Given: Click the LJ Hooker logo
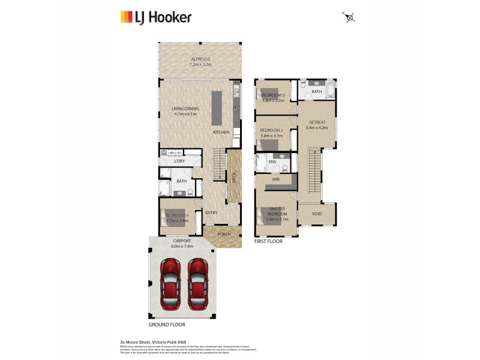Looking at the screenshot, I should click(x=155, y=17).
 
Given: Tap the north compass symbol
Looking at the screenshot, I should click(x=350, y=17).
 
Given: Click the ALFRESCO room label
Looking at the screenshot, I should click(x=200, y=59).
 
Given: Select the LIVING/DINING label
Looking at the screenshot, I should click(x=185, y=109).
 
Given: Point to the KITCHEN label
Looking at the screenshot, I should click(x=221, y=132).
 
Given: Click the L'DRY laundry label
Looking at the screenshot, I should click(x=179, y=161).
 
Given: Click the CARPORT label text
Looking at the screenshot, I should click(x=182, y=241).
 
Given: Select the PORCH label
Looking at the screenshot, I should click(x=224, y=234).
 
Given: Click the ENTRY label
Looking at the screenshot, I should click(x=211, y=213).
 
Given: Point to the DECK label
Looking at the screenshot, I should click(x=234, y=178).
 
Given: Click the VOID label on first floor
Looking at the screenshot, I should click(x=317, y=213).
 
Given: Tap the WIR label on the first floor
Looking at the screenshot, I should click(x=276, y=179).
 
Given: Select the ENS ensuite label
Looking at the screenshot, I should click(x=272, y=161).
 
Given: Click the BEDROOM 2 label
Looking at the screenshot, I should click(x=272, y=130).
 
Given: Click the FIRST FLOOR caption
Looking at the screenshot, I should click(x=268, y=241).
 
